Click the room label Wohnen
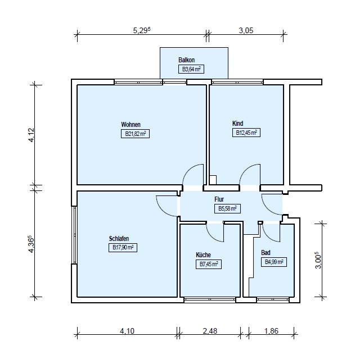pyautogui.click(x=130, y=125)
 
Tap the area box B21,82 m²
pyautogui.click(x=135, y=134)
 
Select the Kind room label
pyautogui.click(x=237, y=124)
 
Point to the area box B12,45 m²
pyautogui.click(x=246, y=133)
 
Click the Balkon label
pyautogui.click(x=186, y=60)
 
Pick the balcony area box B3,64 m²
pyautogui.click(x=191, y=69)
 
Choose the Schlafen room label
pyautogui.click(x=119, y=239)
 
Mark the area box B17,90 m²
pyautogui.click(x=123, y=248)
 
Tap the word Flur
pyautogui.click(x=219, y=199)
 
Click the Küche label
pyautogui.click(x=203, y=255)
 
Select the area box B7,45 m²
pyautogui.click(x=209, y=265)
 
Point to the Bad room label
pyautogui.click(x=265, y=253)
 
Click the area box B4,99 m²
pyautogui.click(x=274, y=262)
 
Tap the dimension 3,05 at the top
pyautogui.click(x=246, y=30)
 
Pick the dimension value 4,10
pyautogui.click(x=127, y=331)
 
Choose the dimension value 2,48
pyautogui.click(x=210, y=331)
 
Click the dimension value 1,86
pyautogui.click(x=271, y=331)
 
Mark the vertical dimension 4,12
pyautogui.click(x=31, y=135)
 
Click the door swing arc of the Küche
pyautogui.click(x=211, y=237)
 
